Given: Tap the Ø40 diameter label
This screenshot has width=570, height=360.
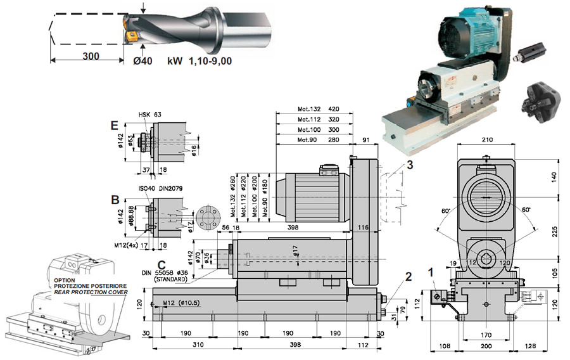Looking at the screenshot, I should point(144,61).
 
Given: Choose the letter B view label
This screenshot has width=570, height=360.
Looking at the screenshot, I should point(115,199).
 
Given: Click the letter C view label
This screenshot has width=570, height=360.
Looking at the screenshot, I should point(162,264).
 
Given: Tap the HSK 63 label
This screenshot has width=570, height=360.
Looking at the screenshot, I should point(150,115).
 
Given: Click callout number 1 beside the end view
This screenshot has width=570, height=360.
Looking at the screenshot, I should point(432,273).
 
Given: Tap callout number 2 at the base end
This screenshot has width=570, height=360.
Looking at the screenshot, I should point(408,276).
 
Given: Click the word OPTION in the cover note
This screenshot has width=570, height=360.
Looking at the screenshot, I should point(65,280).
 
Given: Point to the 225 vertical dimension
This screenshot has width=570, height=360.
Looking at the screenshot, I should point(553,231).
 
